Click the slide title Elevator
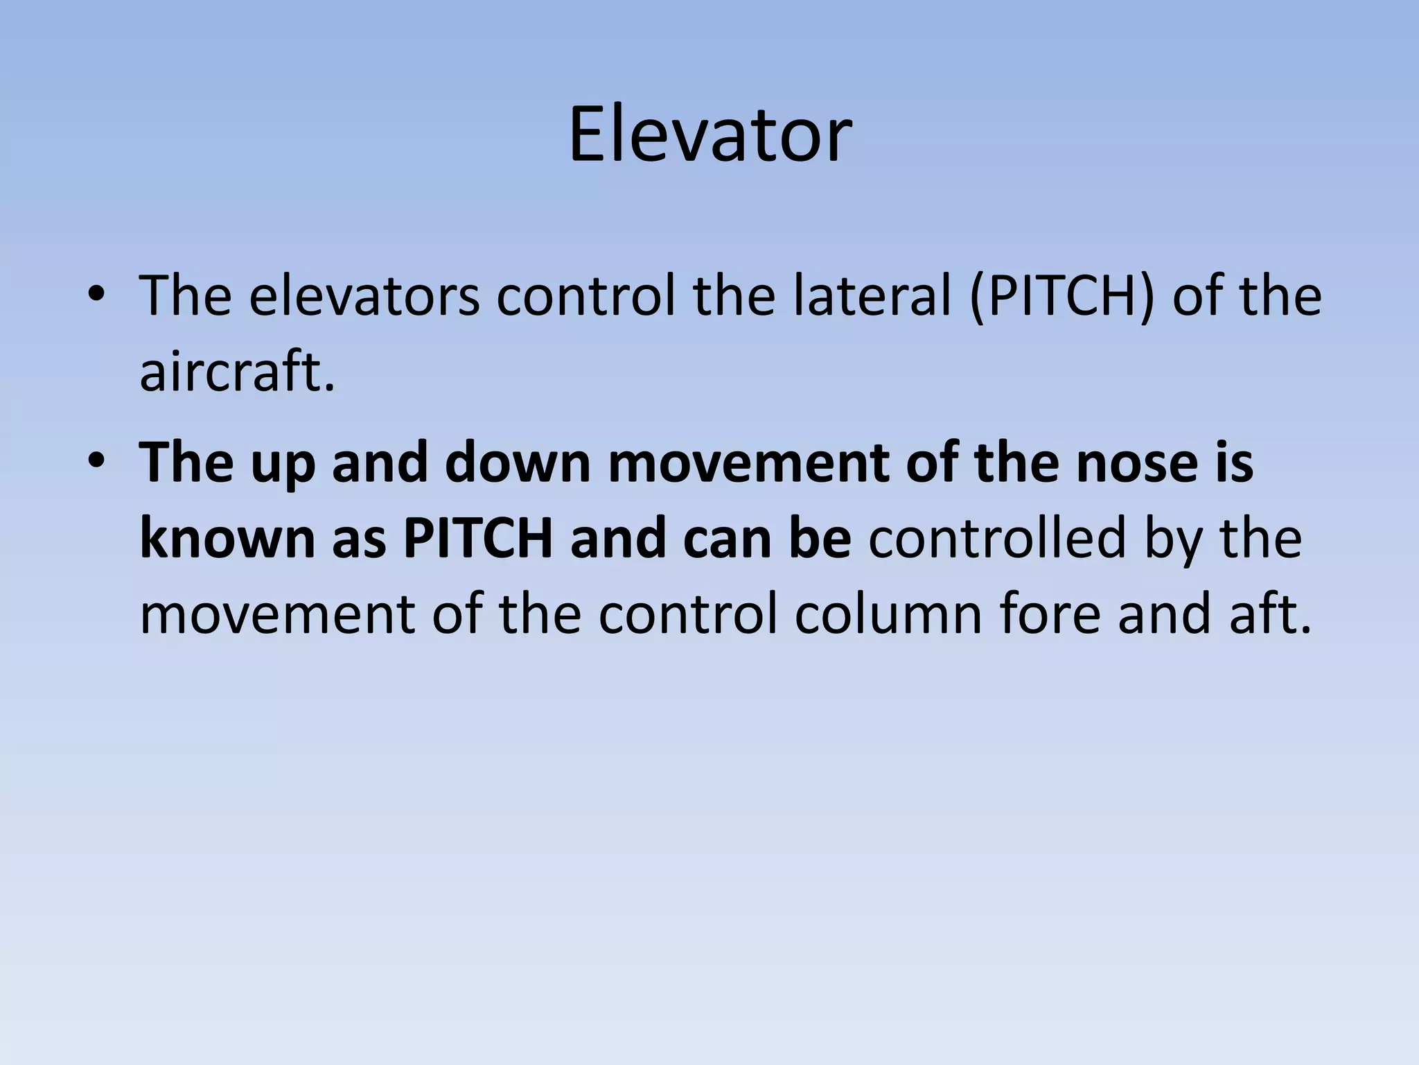coord(709,135)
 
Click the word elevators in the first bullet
coord(364,296)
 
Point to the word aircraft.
coord(237,372)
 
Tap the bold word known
coord(227,539)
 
